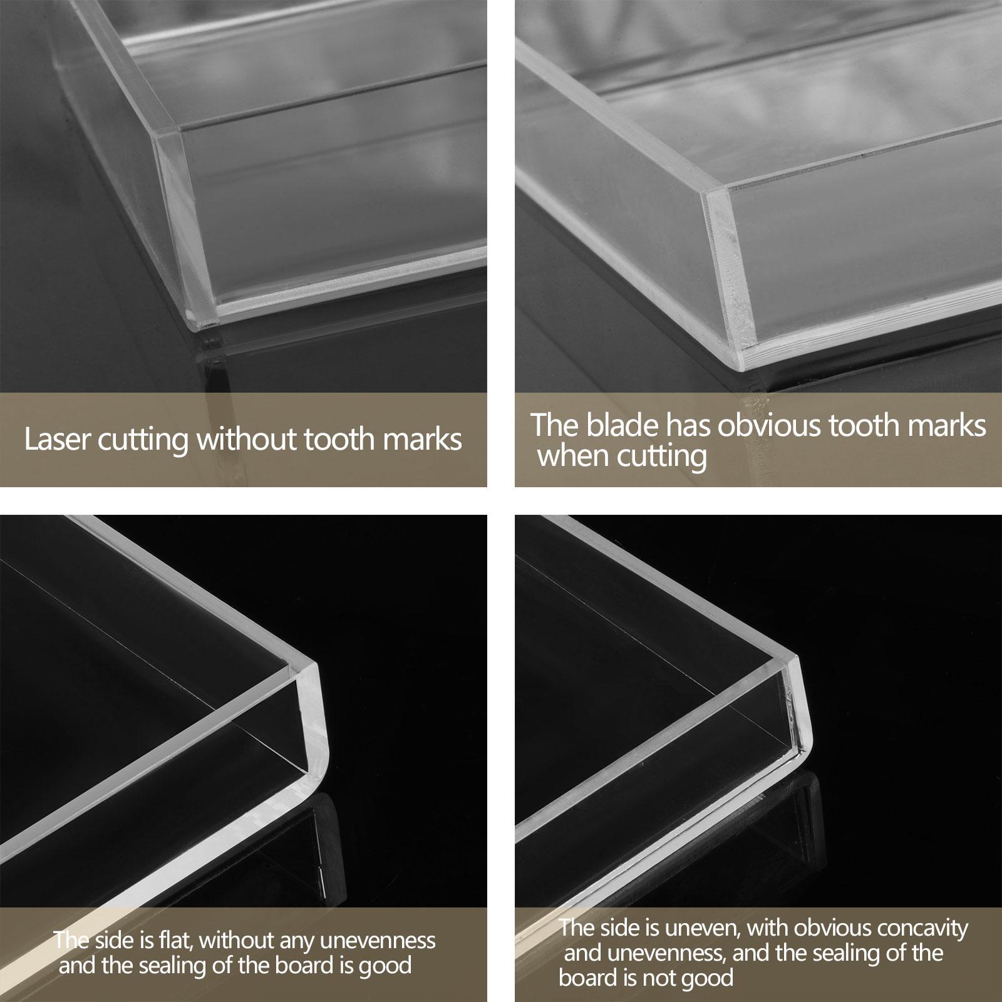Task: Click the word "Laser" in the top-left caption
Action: (x=54, y=440)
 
